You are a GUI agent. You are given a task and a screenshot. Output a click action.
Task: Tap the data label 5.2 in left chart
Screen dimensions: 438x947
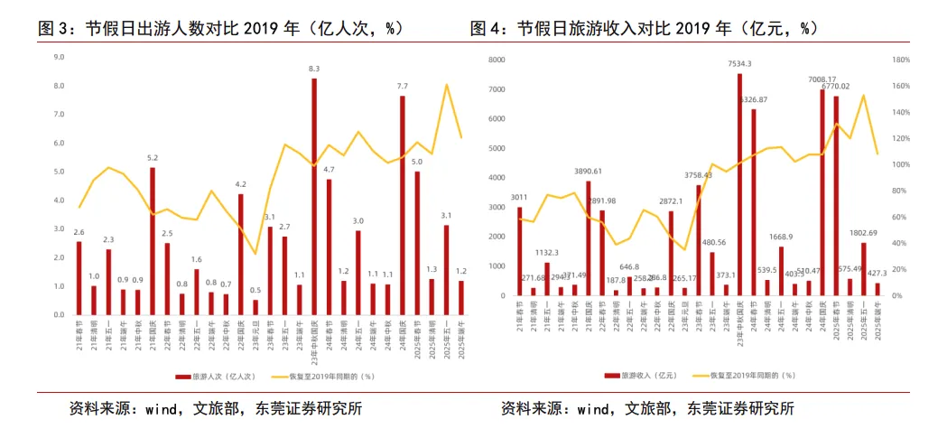[x=153, y=158]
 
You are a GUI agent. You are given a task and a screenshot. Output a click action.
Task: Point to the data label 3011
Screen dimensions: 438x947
[x=519, y=197]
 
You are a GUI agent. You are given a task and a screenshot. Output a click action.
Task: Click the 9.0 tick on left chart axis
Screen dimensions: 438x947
[x=59, y=57]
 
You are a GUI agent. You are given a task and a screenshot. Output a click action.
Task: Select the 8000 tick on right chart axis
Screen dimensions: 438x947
[x=495, y=60]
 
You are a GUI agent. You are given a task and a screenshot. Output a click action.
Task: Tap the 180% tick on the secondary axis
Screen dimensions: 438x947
[x=899, y=60]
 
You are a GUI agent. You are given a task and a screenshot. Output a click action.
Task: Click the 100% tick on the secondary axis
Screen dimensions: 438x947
[x=899, y=164]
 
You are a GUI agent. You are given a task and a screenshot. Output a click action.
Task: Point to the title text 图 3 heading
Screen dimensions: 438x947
[x=220, y=28]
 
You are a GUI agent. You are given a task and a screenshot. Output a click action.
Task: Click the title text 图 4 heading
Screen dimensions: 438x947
[x=645, y=28]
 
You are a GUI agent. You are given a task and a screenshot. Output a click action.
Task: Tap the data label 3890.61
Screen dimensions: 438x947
[x=588, y=171]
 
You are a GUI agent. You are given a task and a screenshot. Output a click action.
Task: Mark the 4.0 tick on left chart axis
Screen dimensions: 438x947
[x=59, y=200]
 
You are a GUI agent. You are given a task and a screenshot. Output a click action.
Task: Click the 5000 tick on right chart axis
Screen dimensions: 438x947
[x=495, y=148]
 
